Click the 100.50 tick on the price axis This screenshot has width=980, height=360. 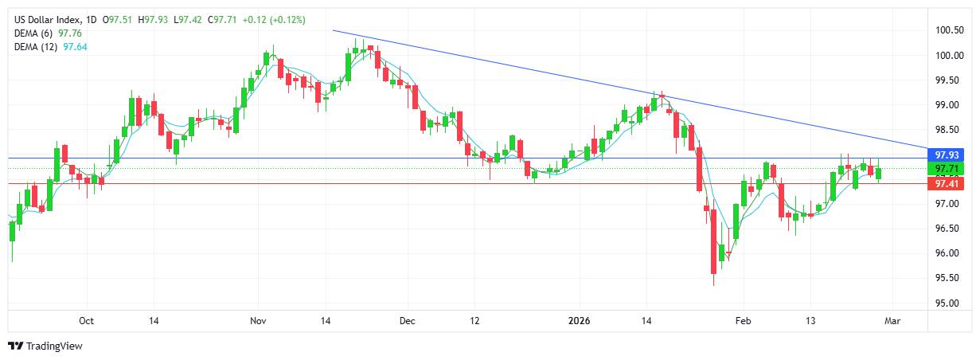click(949, 30)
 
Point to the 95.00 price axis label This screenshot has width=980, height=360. click(947, 303)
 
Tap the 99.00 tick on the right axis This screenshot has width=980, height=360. click(947, 105)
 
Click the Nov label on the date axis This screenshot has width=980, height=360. click(256, 321)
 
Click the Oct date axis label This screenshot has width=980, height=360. click(87, 321)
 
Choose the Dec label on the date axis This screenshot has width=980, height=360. click(407, 321)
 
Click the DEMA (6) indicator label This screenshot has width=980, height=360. click(37, 33)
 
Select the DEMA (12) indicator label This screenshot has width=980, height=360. click(39, 47)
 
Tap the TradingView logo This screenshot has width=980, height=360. click(45, 346)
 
